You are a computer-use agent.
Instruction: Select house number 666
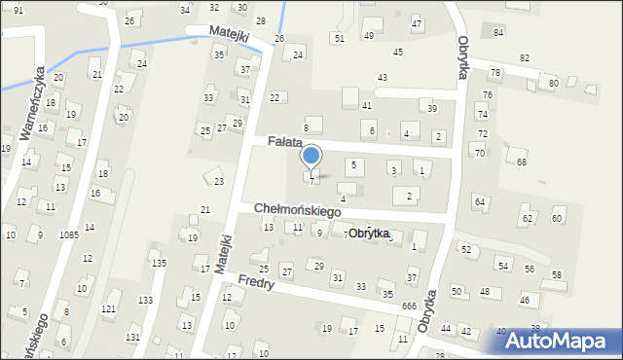point(409,306)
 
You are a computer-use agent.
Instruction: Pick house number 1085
point(68,235)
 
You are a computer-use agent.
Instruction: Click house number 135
point(159,263)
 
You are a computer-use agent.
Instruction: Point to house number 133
point(145,300)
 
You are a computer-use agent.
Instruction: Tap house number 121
point(109,308)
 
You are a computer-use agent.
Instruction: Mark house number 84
point(498,33)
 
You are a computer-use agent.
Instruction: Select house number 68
point(522,162)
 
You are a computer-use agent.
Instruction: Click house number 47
point(417,22)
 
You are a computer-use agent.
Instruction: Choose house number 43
point(383,77)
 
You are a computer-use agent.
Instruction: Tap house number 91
point(18,9)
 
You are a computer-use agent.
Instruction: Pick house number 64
point(479,201)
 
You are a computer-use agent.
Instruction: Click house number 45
point(397,52)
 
